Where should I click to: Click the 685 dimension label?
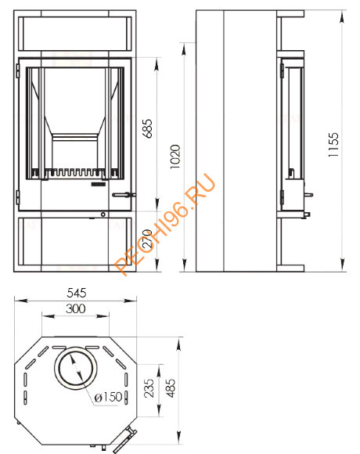point(148,128)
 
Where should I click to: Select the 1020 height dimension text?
point(175,157)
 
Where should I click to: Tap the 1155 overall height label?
point(333,145)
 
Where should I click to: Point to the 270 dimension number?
point(148,239)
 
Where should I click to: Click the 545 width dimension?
point(77,293)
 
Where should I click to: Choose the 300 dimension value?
point(76,308)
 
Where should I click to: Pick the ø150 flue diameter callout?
point(108,397)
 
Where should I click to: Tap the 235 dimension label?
point(149,388)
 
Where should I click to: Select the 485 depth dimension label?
point(171,388)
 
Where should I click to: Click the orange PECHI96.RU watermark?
point(165,224)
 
